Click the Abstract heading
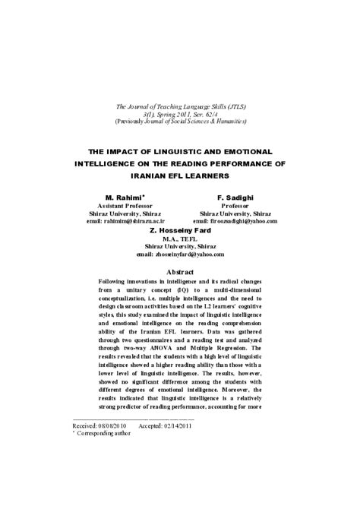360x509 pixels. coord(179,271)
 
